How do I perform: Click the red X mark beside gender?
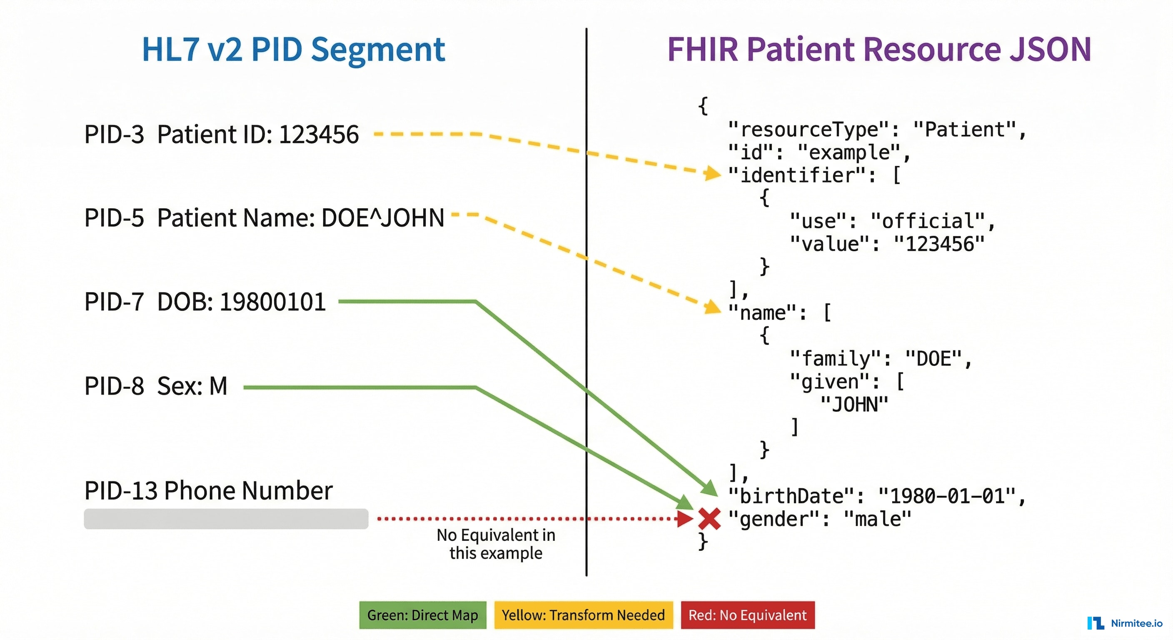709,519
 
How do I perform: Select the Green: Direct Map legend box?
422,615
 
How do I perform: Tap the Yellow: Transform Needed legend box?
583,615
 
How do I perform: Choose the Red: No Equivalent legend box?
748,615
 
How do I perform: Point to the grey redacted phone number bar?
226,519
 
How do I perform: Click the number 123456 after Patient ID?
319,135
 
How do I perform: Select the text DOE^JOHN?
382,218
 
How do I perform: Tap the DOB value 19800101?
273,302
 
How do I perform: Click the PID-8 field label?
114,386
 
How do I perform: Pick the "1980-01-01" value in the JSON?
947,496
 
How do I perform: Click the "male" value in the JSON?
878,519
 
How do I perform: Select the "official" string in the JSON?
927,221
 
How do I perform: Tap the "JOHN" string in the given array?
854,405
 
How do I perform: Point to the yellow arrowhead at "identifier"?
712,173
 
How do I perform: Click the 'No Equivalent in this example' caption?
496,544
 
